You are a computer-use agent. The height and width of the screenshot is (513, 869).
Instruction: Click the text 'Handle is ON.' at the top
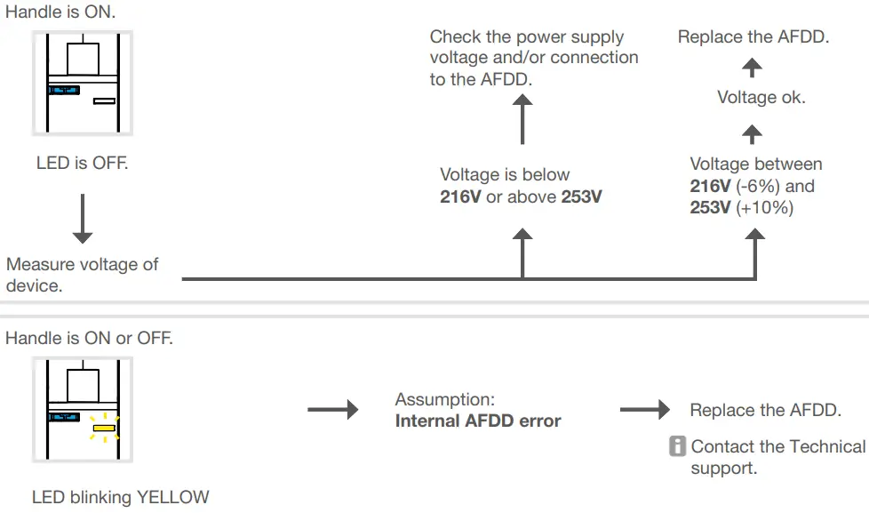coord(60,12)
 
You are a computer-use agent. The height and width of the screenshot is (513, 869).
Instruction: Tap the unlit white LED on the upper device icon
coord(105,100)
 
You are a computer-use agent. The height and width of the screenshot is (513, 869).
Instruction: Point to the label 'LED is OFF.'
coord(82,164)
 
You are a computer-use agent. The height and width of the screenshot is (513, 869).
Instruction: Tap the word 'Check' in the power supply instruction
coord(455,37)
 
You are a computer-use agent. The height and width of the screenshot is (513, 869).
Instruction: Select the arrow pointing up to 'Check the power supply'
coord(522,120)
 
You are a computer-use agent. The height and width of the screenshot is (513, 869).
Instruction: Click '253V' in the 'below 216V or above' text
coord(581,196)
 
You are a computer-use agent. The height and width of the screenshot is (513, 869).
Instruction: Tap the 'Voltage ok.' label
coord(761,98)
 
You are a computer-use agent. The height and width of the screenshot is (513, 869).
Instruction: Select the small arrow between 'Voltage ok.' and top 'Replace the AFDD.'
coord(753,68)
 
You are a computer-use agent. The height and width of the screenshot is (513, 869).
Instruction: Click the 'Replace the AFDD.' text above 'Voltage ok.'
coord(753,37)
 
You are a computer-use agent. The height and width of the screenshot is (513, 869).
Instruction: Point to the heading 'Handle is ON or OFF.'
coord(89,339)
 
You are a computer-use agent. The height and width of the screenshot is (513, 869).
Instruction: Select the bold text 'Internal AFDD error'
coord(478,421)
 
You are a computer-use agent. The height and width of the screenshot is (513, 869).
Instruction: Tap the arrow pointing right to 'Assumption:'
coord(333,410)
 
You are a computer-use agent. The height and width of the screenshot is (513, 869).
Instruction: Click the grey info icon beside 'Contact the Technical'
coord(678,446)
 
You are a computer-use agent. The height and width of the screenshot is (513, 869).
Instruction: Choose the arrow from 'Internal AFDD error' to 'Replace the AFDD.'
coord(644,410)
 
